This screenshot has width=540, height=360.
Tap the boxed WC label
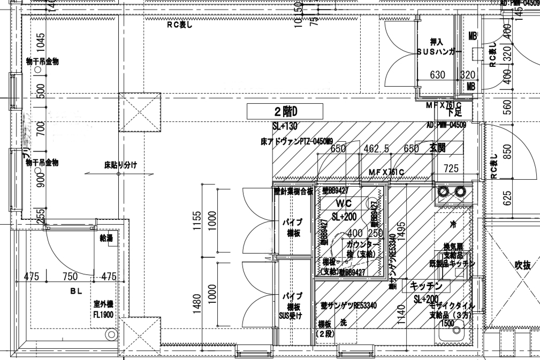point(343,204)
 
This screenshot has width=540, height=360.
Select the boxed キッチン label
point(426,286)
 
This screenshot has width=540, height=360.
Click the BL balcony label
point(74,292)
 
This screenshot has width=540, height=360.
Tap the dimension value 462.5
point(379,149)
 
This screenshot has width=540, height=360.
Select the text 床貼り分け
point(120,165)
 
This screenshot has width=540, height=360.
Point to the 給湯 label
point(107,238)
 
